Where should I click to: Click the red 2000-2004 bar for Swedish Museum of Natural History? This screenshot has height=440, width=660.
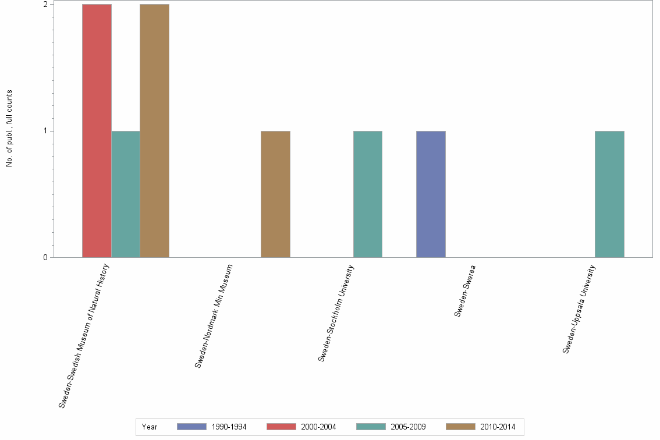[97, 130]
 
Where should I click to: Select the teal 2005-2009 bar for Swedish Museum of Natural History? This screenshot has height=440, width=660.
[126, 194]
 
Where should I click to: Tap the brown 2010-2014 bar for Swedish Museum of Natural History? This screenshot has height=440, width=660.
[154, 130]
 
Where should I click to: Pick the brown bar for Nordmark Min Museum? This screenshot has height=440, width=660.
[275, 194]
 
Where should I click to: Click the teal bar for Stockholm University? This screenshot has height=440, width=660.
[367, 194]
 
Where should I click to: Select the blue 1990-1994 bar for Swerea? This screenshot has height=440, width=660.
[431, 194]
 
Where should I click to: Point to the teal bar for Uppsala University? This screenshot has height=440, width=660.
[609, 194]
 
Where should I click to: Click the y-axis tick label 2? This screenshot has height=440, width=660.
[45, 4]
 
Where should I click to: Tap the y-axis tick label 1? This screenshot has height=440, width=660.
[45, 131]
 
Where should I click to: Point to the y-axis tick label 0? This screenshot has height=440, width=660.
[45, 257]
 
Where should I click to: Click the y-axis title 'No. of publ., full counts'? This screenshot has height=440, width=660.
[9, 129]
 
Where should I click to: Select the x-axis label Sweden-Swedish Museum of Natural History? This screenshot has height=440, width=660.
[84, 336]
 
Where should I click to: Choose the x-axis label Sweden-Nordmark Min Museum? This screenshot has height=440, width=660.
[214, 316]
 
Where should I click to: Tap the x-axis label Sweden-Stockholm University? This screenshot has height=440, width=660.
[336, 313]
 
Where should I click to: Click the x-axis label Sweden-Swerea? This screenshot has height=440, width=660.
[464, 290]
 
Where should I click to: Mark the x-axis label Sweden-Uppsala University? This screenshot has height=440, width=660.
[579, 308]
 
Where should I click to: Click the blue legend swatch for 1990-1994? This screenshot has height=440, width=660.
[192, 427]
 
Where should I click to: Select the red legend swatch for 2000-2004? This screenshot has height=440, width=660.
[281, 427]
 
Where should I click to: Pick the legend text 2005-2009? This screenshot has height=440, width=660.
[408, 427]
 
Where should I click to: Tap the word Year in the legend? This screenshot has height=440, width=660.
[150, 427]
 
